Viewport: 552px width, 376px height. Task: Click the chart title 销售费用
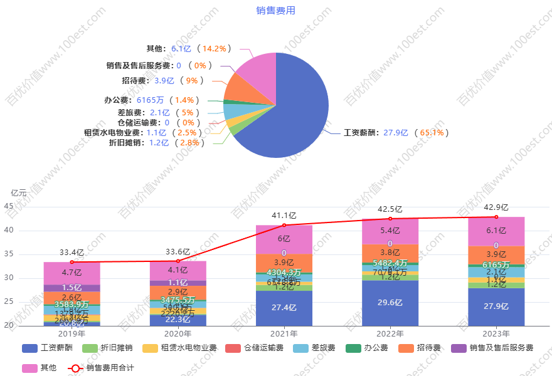(275, 11)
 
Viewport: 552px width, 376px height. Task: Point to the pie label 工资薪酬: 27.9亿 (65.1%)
(396, 133)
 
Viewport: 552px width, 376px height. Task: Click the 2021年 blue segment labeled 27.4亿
(284, 308)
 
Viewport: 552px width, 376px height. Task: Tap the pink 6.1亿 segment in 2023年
(496, 231)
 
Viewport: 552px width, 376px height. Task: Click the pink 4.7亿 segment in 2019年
(72, 273)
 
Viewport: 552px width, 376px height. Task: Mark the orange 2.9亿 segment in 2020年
(178, 293)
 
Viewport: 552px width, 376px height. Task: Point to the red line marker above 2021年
(284, 224)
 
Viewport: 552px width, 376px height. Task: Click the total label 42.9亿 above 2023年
(496, 207)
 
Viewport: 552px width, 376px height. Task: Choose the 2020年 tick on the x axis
(178, 334)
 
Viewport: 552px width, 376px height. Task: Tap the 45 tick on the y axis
(8, 206)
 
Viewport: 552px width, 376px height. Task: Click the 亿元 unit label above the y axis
(19, 192)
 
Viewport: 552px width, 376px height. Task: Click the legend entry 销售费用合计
(100, 368)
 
